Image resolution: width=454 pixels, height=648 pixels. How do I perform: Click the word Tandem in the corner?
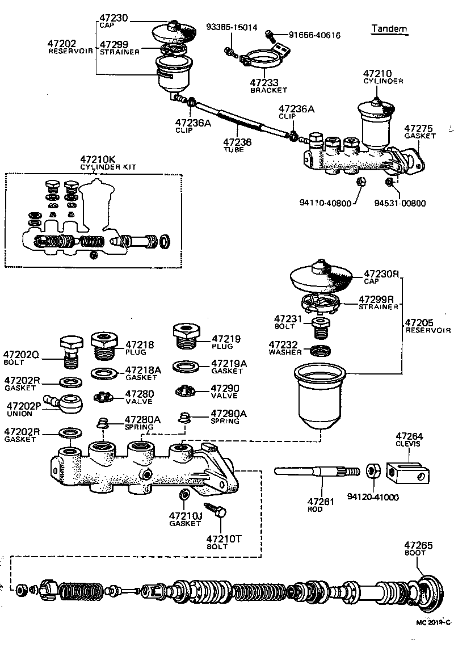[389, 29]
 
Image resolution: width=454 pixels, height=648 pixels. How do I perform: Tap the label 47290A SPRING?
[228, 417]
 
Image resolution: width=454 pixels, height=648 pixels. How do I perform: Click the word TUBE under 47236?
[233, 150]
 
